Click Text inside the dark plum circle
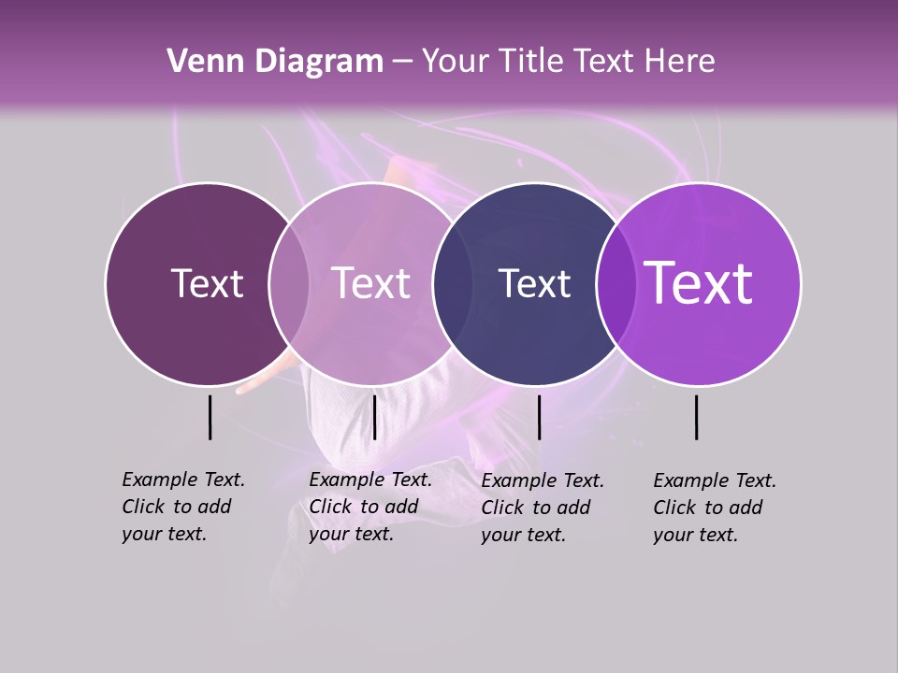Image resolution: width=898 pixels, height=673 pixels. (207, 283)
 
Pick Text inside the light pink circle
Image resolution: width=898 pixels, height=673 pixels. (370, 283)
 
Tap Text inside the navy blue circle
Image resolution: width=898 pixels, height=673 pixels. (534, 283)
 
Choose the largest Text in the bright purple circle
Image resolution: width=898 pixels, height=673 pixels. (699, 283)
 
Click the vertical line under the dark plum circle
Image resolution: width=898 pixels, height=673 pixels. (210, 417)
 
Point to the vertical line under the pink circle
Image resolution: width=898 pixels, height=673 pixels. (374, 417)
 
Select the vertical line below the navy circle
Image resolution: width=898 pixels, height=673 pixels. (539, 417)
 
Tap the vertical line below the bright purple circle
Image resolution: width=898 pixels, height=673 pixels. (697, 417)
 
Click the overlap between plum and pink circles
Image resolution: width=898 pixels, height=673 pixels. (289, 283)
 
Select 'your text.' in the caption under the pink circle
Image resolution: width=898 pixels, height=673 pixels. (351, 534)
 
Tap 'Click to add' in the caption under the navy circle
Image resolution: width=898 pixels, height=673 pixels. (535, 507)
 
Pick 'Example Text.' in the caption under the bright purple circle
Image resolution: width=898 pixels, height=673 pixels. (715, 480)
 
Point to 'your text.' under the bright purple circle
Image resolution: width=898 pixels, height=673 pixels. (695, 535)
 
